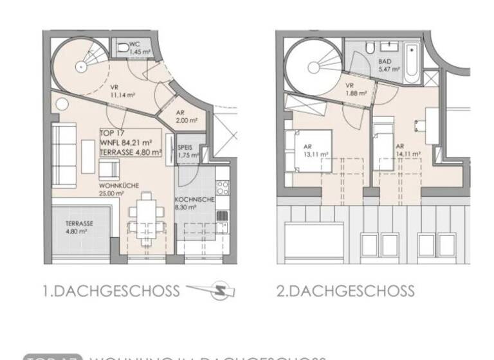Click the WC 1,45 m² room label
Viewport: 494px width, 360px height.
(x=135, y=48)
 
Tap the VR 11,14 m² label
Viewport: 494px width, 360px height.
(x=122, y=92)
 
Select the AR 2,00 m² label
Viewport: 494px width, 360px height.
(x=187, y=117)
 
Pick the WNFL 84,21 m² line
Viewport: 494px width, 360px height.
(x=125, y=143)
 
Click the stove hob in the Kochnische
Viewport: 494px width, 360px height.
(x=223, y=188)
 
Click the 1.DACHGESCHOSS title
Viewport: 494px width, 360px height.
(x=111, y=291)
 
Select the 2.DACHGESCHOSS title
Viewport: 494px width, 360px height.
(x=345, y=291)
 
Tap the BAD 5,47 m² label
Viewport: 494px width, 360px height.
(x=389, y=65)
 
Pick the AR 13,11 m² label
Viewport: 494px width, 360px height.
(x=316, y=151)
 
